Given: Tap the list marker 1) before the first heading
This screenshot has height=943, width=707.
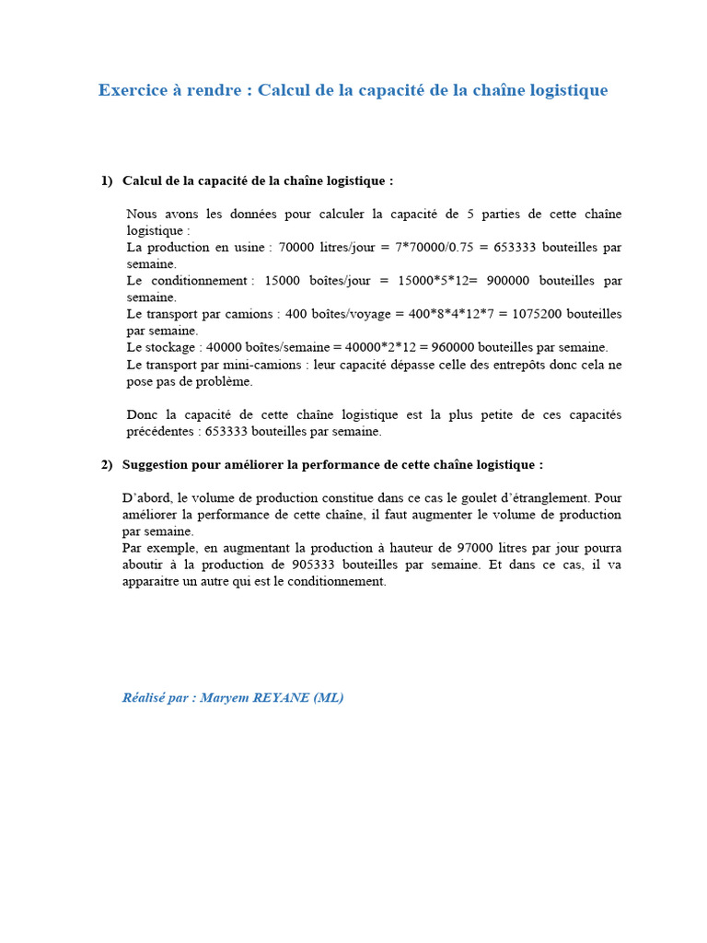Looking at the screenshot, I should click(x=107, y=181).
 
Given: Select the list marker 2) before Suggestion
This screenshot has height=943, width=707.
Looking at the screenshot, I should click(x=107, y=465).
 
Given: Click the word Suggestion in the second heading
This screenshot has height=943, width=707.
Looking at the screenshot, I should click(x=157, y=465).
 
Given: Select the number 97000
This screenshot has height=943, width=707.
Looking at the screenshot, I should click(x=383, y=548).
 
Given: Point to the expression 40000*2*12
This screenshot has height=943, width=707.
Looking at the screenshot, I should click(x=379, y=347).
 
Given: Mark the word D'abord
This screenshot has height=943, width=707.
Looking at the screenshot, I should click(x=146, y=498).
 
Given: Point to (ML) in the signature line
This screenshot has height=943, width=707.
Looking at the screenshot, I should click(x=328, y=698).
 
